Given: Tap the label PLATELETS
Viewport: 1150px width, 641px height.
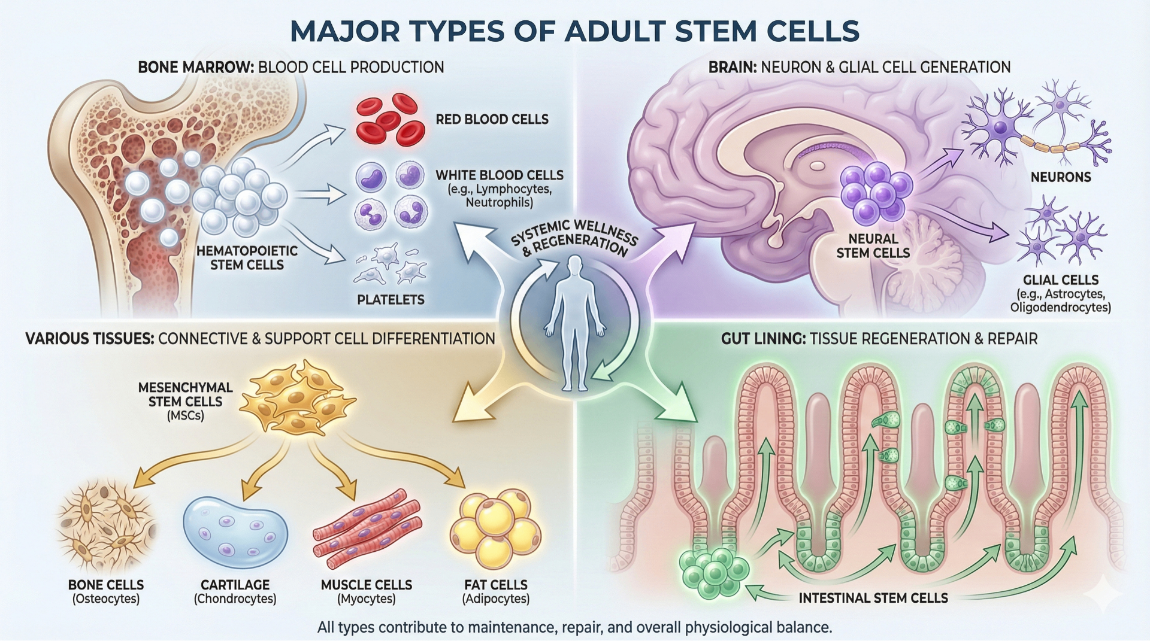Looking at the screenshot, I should [x=391, y=300].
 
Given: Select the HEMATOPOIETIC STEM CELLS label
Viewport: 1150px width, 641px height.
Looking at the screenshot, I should [x=247, y=258].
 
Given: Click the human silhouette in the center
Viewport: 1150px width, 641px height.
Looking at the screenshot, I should [x=574, y=323].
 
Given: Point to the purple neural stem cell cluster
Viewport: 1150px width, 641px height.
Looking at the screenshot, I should [x=876, y=190].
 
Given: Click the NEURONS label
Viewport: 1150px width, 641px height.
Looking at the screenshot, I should [x=1061, y=177].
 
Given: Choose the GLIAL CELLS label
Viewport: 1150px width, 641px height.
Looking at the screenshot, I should [x=1060, y=280].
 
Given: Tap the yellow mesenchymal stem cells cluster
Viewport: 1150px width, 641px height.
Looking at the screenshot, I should [x=296, y=398].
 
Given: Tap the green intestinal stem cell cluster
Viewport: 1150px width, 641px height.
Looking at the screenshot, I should [x=713, y=572].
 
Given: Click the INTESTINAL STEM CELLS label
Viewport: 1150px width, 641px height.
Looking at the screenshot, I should [x=873, y=598].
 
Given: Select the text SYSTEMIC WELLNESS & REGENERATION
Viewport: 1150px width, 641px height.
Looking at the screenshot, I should [x=573, y=238].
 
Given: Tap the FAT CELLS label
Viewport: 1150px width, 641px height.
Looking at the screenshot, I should [x=495, y=585].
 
